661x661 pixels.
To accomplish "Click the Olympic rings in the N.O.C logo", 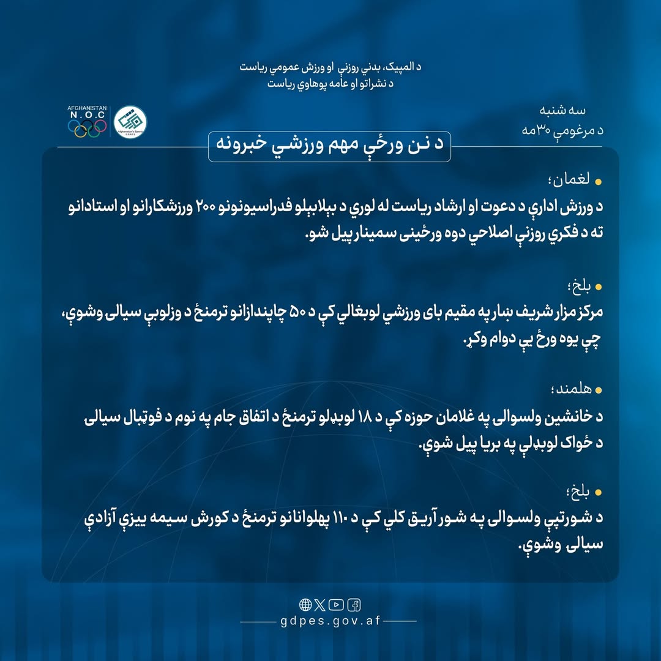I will coord(87,127).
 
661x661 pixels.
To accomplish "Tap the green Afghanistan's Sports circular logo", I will coord(131,122).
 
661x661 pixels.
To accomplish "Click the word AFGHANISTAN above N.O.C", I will coord(87,108).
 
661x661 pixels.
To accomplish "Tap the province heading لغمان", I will coord(572,181).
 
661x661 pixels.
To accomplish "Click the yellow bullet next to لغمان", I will coord(599,182).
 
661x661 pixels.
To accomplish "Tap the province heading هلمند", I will coord(570,390).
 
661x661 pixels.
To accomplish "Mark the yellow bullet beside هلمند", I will coord(599,390).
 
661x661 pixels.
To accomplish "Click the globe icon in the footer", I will coord(305,605).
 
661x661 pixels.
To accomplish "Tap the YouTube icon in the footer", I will coord(336,605).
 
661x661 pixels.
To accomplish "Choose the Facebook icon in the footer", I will coord(354,605).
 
